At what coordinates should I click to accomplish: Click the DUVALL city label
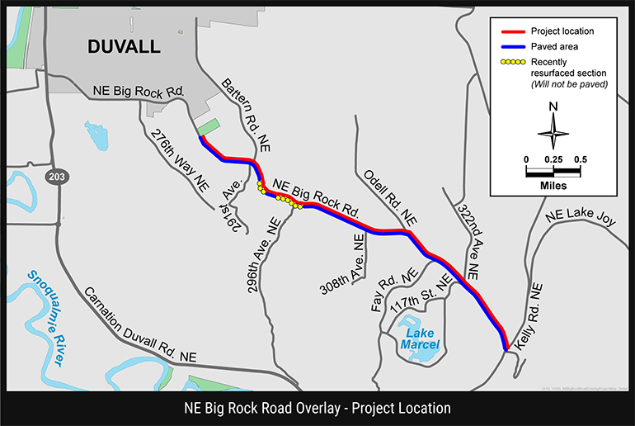click(x=124, y=47)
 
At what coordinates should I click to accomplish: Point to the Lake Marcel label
click(x=420, y=338)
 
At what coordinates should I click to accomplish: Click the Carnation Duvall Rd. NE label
click(x=141, y=324)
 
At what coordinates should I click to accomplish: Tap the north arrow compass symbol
click(x=553, y=131)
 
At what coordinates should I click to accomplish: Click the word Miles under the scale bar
click(x=553, y=186)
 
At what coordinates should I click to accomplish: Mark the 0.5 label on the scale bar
click(x=581, y=159)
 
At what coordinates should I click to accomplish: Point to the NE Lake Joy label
click(x=581, y=219)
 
